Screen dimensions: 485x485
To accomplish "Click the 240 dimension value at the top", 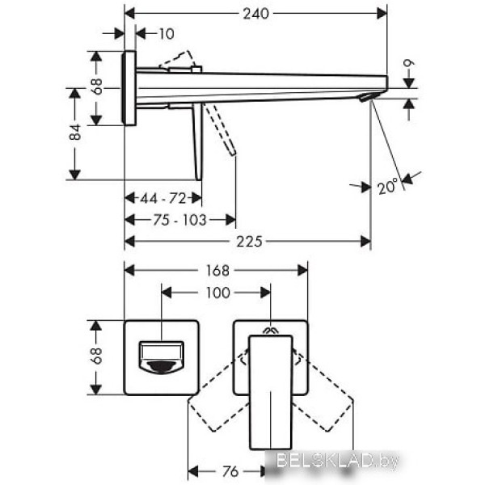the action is tap(255, 14).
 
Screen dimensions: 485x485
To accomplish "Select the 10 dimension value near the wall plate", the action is tap(167, 34).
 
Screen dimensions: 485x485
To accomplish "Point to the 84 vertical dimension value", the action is tap(75, 132).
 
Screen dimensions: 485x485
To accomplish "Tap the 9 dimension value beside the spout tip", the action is tap(409, 63).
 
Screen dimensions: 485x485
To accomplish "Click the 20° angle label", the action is tap(388, 187).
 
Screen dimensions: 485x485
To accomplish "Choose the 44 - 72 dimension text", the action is tap(163, 198).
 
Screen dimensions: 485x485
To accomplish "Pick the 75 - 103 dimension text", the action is tap(179, 220).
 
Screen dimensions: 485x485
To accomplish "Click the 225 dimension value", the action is tap(249, 242).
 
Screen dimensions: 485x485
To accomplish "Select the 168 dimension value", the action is tap(217, 271).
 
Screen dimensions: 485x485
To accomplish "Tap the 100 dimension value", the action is tap(218, 293).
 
